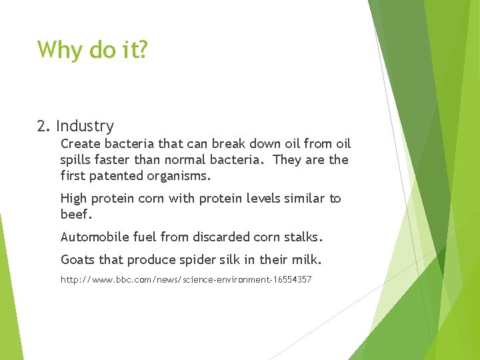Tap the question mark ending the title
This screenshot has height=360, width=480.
[142, 49]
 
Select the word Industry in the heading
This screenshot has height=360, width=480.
[85, 126]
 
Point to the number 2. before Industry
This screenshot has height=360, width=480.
[44, 126]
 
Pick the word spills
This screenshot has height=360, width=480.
[77, 160]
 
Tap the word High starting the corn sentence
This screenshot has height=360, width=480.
[73, 199]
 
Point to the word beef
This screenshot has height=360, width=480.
[75, 215]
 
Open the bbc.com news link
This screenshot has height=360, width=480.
[185, 280]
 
